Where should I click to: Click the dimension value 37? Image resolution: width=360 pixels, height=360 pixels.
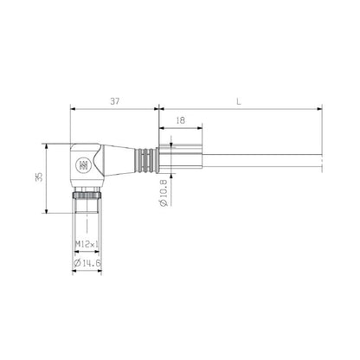point(116,101)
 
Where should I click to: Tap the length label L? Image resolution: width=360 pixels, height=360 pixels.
point(239,101)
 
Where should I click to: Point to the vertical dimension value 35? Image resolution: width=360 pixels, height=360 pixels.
point(35,177)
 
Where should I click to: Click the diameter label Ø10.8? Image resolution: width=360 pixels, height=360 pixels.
point(163,192)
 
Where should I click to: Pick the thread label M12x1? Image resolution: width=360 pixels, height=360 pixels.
point(87,243)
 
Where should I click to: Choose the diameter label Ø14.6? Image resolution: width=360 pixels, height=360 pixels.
point(88,261)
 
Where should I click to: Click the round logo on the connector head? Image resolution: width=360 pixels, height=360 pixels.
point(84,164)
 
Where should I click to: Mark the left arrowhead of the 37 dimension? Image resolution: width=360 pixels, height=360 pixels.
point(74,109)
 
